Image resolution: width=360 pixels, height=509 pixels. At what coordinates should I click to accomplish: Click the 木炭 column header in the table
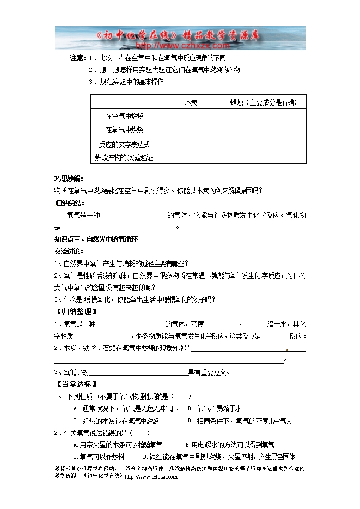191,102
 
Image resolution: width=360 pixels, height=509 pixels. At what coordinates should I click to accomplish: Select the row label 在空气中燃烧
124,116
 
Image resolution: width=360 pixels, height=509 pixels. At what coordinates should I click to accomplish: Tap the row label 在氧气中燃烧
124,130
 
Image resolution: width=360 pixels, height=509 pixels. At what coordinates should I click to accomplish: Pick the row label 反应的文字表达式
124,144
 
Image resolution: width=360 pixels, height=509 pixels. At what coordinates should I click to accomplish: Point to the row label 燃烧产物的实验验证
124,157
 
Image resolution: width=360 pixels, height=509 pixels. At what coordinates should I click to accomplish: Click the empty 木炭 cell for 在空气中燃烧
191,116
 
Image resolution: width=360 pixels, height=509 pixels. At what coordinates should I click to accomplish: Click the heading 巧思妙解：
69,179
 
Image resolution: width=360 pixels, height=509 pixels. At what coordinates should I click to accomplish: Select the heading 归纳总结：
69,203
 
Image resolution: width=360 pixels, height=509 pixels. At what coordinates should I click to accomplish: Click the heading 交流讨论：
69,251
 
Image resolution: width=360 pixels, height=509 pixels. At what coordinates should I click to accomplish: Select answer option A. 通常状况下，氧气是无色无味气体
125,408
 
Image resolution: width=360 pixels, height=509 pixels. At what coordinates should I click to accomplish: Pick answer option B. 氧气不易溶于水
215,408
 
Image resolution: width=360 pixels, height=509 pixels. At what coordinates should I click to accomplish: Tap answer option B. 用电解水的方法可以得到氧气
230,445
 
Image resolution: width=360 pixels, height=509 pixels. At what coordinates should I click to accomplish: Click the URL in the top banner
180,46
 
